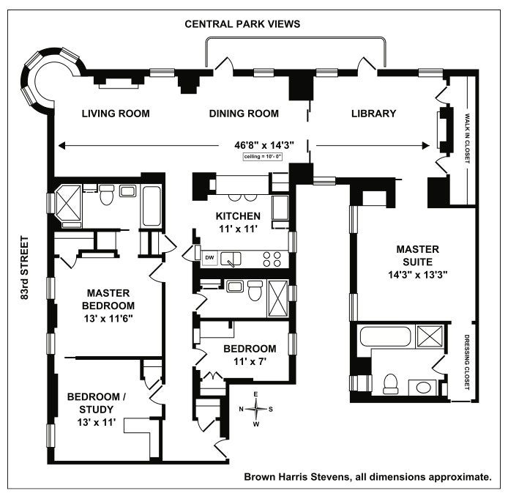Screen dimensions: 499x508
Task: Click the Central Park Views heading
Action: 242,23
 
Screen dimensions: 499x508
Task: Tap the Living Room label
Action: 116,114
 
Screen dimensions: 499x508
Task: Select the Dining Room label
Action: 244,114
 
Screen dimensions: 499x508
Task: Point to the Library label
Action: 373,114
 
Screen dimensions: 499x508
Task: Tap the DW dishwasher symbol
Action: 209,257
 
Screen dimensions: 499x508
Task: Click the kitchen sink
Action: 232,257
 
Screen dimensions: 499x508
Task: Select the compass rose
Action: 256,409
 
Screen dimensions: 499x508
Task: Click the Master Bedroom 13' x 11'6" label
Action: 108,304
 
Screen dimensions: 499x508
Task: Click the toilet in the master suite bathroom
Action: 391,383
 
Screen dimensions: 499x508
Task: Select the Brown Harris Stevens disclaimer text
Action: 367,477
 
